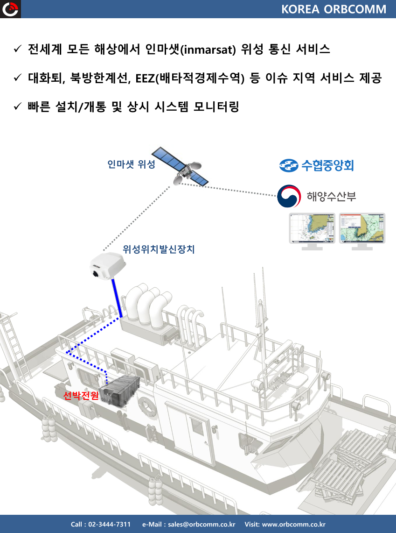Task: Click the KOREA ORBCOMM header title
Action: pyautogui.click(x=333, y=9)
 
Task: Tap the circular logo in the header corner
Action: pyautogui.click(x=10, y=9)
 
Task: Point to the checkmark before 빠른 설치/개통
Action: pyautogui.click(x=18, y=107)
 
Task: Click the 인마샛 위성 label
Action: pyautogui.click(x=131, y=164)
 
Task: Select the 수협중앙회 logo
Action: pyautogui.click(x=317, y=165)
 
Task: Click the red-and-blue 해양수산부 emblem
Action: pyautogui.click(x=289, y=196)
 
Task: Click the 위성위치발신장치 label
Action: pyautogui.click(x=159, y=249)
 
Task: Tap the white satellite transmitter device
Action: pyautogui.click(x=107, y=265)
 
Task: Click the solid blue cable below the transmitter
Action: pyautogui.click(x=117, y=298)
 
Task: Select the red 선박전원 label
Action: pyautogui.click(x=81, y=395)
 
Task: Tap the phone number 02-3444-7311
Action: pyautogui.click(x=109, y=524)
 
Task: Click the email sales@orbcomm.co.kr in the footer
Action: pyautogui.click(x=201, y=524)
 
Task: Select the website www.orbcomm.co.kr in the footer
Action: pyautogui.click(x=294, y=524)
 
